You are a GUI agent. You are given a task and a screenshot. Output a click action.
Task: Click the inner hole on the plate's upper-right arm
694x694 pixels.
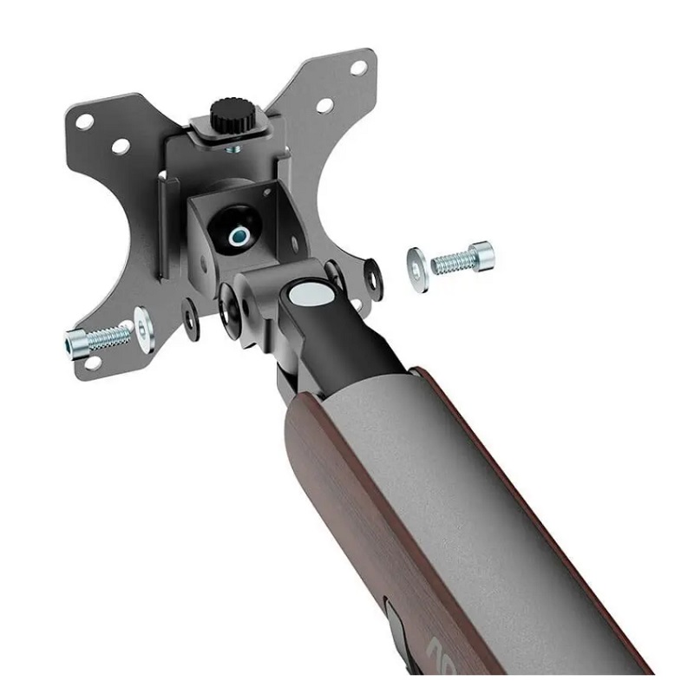click(x=324, y=105)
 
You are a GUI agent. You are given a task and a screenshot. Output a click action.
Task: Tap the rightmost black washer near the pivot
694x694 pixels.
click(x=373, y=278)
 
